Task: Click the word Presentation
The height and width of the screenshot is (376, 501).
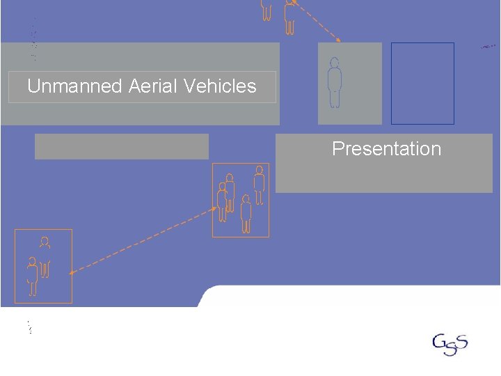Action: click(x=386, y=149)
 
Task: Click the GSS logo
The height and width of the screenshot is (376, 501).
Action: click(x=450, y=344)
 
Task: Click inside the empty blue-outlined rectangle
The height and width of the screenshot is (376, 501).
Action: click(x=422, y=83)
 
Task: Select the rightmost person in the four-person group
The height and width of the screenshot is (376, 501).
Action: click(x=259, y=185)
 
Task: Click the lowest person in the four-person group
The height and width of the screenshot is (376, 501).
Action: click(x=246, y=214)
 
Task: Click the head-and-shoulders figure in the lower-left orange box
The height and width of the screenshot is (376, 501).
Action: click(x=45, y=243)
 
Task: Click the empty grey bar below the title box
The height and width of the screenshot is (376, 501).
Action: click(x=122, y=146)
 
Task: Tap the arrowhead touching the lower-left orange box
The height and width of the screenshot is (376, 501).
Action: click(x=72, y=272)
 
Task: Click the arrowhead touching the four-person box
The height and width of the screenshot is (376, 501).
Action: click(x=215, y=209)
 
